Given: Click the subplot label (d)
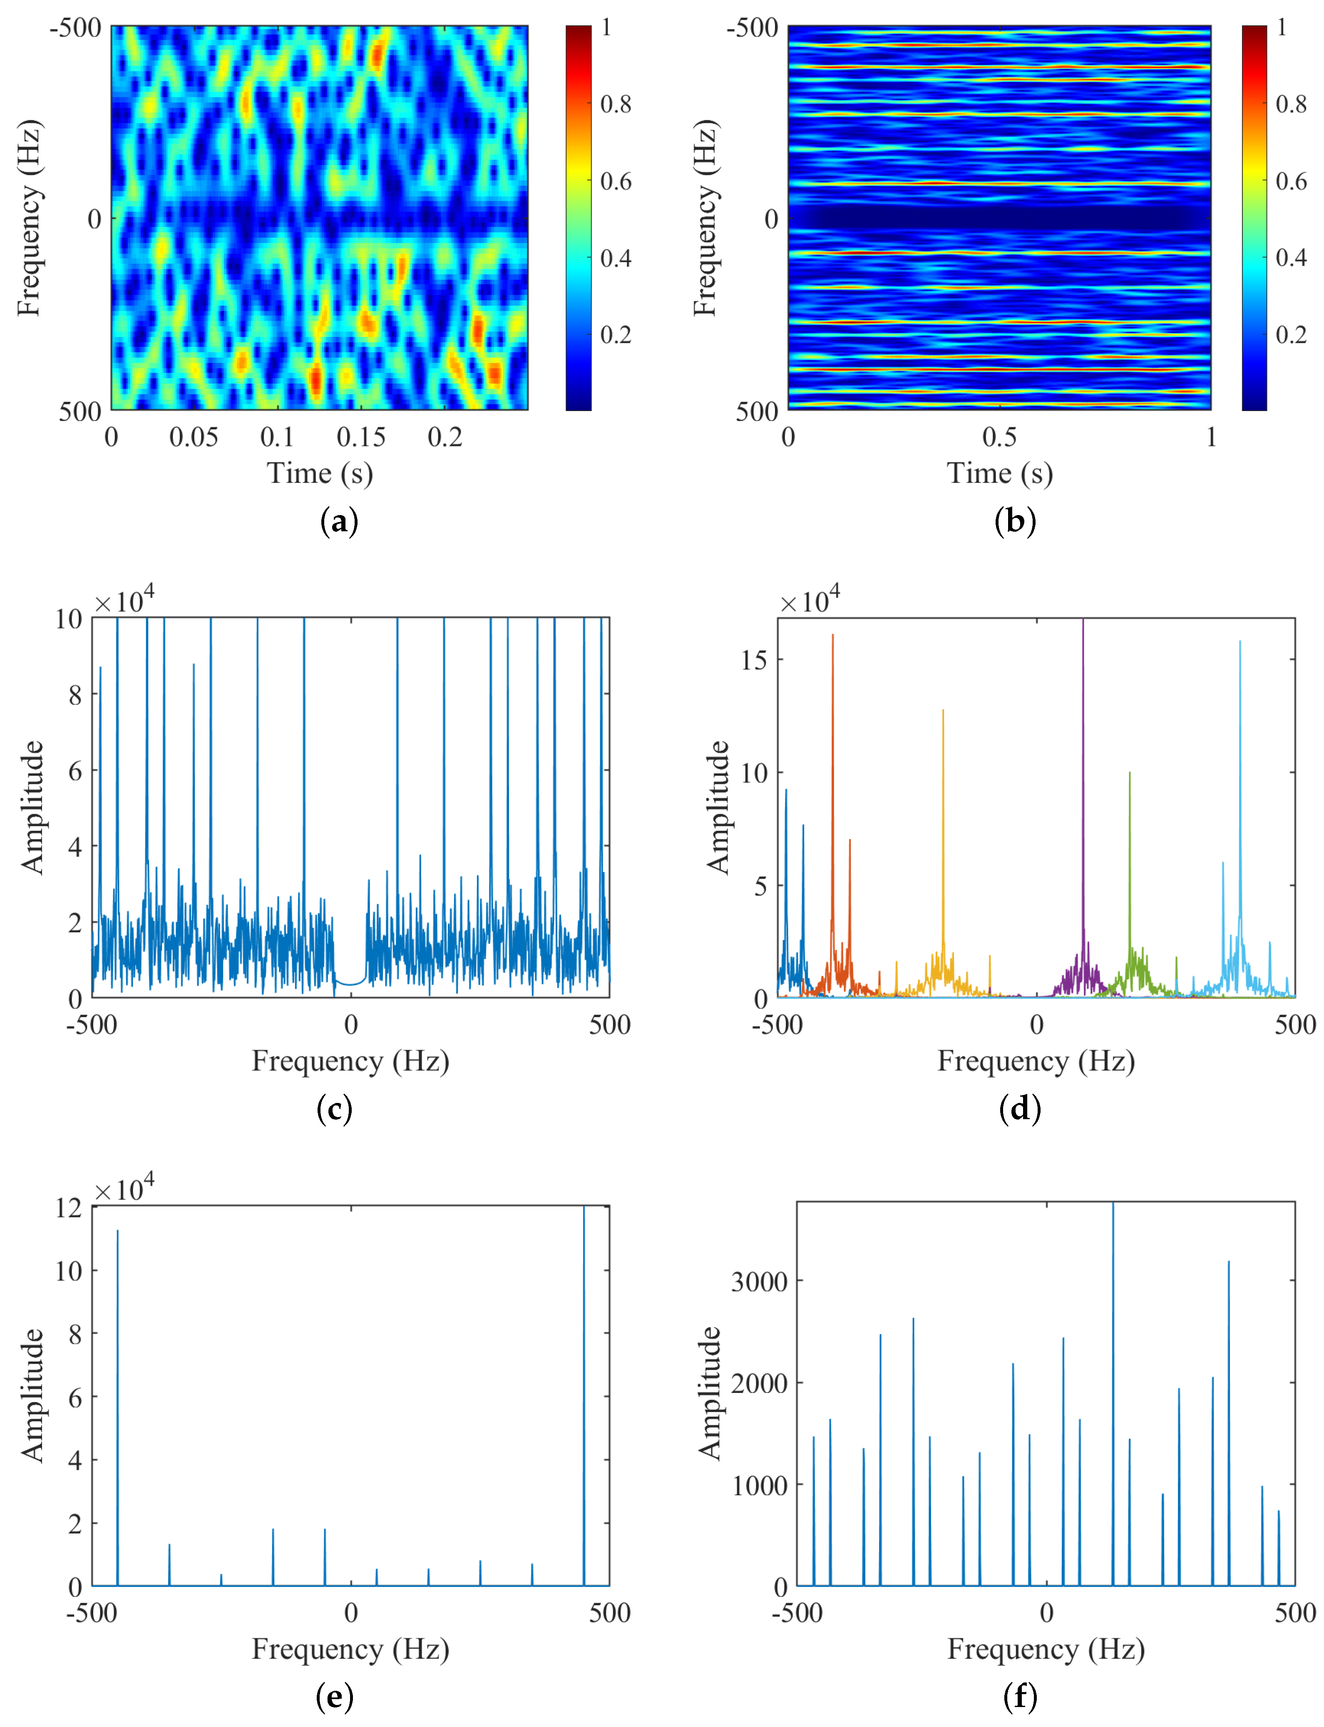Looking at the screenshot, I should tap(1020, 1109).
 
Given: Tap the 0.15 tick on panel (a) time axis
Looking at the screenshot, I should tap(361, 437).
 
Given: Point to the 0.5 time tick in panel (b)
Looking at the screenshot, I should tap(999, 437).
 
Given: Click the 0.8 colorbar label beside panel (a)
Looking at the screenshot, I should tap(616, 104).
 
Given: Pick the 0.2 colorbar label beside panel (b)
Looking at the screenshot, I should tap(1291, 335).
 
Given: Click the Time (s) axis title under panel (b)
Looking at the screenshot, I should tap(999, 473).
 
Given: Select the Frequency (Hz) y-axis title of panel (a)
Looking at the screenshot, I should tap(29, 218).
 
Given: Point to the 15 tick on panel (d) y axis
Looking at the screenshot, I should tap(754, 660).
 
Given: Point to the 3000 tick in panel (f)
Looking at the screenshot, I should tap(759, 1282).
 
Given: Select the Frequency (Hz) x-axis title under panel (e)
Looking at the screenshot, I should tap(351, 1649).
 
